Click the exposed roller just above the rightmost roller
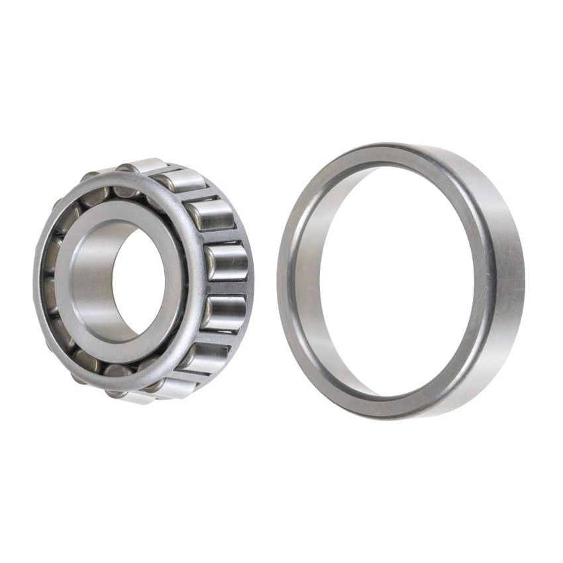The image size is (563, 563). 211,216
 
